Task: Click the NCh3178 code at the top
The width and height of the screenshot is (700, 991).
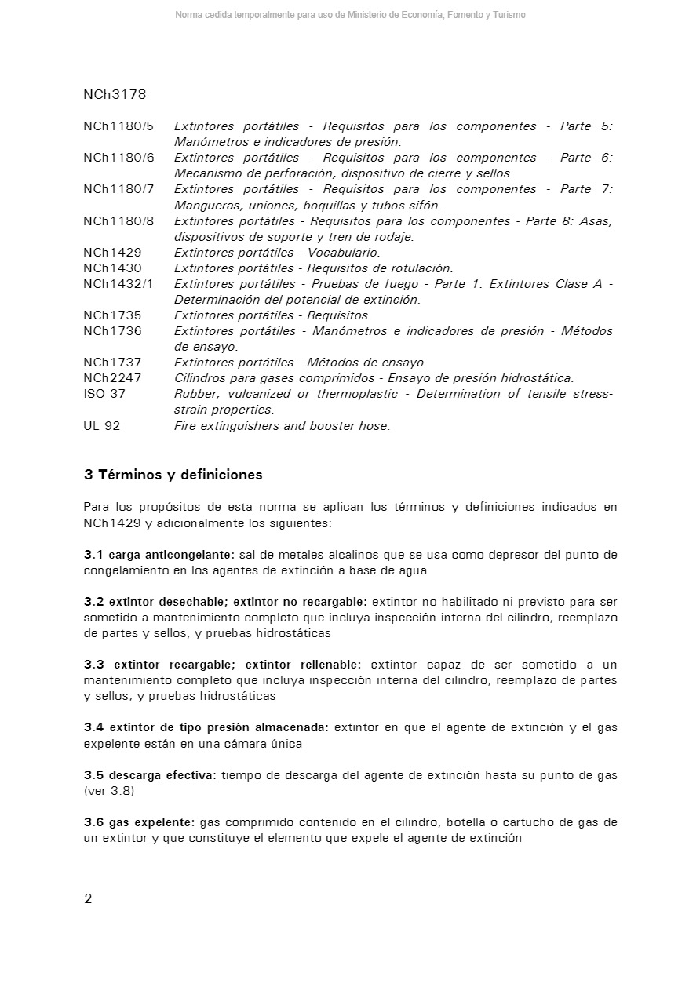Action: coord(115,95)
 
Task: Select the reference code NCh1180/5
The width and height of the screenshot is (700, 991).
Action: coord(118,126)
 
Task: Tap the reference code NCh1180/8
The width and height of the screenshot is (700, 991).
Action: coord(118,221)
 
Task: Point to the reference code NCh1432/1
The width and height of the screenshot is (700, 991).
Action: coord(118,284)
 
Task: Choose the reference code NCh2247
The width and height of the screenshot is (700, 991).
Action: coord(112,378)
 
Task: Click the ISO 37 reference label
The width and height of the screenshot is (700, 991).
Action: coord(104,394)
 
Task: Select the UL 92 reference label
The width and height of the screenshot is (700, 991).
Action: coord(102,426)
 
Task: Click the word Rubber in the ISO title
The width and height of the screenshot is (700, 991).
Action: coord(195,394)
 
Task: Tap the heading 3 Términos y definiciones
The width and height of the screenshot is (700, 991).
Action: coord(173,475)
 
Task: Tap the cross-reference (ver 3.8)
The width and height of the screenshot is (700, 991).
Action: coord(109,791)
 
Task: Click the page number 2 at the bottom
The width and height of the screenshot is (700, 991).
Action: coord(88,898)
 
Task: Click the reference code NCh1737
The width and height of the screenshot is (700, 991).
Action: coord(112,363)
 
